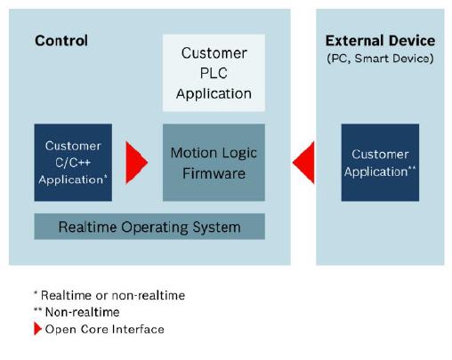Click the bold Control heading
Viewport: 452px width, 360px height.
click(61, 41)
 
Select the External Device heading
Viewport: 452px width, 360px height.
click(380, 41)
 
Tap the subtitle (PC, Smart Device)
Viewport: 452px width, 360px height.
click(380, 59)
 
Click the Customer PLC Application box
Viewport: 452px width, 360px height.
click(214, 73)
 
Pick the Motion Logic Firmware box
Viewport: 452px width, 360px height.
click(214, 163)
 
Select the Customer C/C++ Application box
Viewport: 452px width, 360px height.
click(73, 163)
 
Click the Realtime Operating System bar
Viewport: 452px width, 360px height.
click(149, 227)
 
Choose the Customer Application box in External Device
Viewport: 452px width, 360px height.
click(380, 163)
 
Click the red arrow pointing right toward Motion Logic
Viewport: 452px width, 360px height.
click(136, 163)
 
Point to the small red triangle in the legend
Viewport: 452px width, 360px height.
click(37, 329)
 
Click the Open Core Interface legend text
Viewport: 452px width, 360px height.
click(105, 329)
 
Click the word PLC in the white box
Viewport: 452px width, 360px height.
click(214, 73)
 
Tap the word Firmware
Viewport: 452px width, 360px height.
click(214, 173)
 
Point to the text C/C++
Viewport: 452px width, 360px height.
click(73, 163)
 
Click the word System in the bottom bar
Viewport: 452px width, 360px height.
click(217, 228)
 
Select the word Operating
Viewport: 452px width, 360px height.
click(155, 228)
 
